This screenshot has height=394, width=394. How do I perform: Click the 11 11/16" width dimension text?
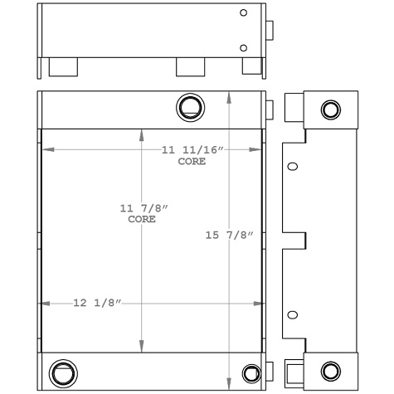[192, 150]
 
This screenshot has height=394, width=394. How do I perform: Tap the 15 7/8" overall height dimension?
[229, 236]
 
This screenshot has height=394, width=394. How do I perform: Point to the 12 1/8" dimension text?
[97, 304]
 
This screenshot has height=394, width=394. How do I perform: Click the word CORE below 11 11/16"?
[192, 161]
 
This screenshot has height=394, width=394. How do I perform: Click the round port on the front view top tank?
[190, 106]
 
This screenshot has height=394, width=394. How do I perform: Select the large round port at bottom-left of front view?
[63, 372]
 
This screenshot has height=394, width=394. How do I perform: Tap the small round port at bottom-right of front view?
[251, 372]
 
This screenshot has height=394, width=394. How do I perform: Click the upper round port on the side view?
[330, 109]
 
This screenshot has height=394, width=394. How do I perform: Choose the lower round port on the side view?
[330, 370]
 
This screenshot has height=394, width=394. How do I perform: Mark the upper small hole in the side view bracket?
[291, 167]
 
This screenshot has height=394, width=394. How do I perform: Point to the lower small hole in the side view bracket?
[291, 315]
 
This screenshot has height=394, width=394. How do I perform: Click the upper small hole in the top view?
[243, 13]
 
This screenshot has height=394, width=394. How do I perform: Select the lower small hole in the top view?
[243, 47]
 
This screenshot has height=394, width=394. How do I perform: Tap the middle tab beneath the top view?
[189, 66]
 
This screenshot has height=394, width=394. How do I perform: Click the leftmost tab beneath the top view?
[63, 66]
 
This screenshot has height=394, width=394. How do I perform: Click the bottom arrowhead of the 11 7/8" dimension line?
[143, 348]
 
